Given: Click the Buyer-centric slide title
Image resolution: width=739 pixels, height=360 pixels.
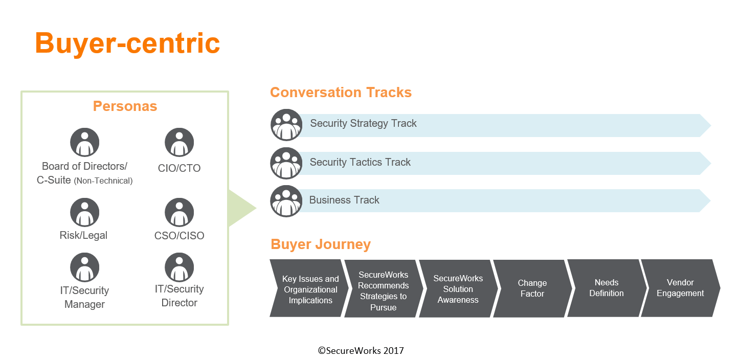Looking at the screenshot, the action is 127,43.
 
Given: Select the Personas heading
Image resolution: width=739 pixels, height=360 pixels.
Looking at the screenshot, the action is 125,106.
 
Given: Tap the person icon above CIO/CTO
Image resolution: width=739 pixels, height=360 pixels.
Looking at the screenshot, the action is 179,142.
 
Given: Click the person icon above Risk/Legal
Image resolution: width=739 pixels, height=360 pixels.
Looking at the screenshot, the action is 85,212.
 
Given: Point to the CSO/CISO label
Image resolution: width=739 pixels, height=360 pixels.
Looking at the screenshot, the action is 179,236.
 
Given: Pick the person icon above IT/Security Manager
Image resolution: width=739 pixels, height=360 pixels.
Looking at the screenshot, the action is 85,267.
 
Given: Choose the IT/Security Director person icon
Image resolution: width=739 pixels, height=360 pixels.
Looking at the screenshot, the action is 179,267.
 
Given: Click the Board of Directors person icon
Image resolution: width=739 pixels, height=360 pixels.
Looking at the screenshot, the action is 85,142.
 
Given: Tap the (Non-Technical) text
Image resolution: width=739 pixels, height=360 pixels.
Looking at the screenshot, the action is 103,181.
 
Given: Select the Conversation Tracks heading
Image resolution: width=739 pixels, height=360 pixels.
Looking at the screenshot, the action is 341,93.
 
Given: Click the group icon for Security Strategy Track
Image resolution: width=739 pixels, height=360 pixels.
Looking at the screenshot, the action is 286,125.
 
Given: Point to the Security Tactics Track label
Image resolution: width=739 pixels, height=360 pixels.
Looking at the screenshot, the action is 360,162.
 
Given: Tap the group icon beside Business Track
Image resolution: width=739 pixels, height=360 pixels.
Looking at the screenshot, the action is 286,201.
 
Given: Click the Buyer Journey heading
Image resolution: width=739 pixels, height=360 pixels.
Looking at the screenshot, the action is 321,244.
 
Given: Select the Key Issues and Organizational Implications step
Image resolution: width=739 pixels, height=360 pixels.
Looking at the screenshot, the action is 309,288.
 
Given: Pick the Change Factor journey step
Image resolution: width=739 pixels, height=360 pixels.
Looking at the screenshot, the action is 532,288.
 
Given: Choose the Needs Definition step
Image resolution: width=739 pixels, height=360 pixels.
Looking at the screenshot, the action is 607,288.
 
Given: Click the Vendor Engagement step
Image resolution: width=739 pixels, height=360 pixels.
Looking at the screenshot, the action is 680,288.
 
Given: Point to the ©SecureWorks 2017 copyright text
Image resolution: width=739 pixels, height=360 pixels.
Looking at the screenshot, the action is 361,350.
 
